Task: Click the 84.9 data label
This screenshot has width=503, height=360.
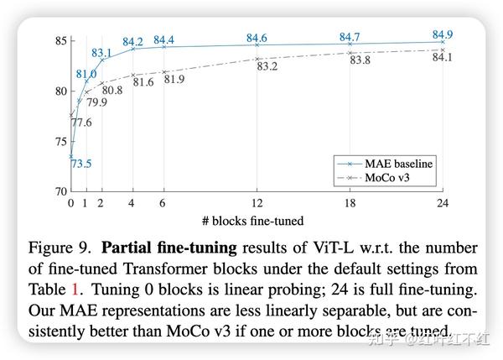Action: click(x=443, y=34)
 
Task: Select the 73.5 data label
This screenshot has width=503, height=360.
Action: click(x=81, y=163)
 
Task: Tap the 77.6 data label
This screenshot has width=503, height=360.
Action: click(x=81, y=123)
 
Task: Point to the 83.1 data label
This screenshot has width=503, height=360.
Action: click(x=101, y=53)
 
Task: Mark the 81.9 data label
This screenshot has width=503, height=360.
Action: click(x=174, y=80)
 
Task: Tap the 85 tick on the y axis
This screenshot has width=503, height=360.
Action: click(x=60, y=40)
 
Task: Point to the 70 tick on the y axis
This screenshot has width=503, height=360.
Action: click(x=60, y=191)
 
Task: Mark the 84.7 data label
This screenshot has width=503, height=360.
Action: click(x=350, y=37)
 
